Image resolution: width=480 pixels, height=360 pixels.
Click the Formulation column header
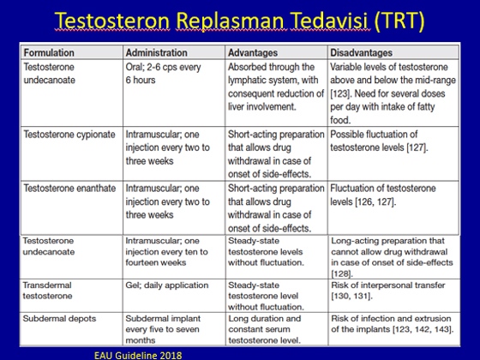(x=49, y=52)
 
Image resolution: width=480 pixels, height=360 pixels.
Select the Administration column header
(x=156, y=52)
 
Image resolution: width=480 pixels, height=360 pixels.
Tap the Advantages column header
(x=253, y=52)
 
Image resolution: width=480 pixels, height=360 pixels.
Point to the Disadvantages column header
(x=361, y=52)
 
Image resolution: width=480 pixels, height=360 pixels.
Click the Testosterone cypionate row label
(x=69, y=135)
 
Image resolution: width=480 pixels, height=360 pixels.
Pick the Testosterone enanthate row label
(x=69, y=188)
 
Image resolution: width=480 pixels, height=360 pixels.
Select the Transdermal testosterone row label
(x=47, y=291)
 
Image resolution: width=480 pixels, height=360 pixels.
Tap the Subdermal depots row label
(x=59, y=318)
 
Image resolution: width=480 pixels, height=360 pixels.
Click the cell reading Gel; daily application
(x=167, y=285)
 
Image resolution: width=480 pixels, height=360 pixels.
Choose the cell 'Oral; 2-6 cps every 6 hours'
(x=163, y=74)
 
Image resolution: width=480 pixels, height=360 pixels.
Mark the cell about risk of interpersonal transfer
(x=387, y=291)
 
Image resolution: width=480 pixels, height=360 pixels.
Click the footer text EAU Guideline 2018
(x=138, y=356)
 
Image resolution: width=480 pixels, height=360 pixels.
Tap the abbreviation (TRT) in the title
(x=399, y=21)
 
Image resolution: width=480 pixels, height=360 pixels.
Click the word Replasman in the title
(x=231, y=21)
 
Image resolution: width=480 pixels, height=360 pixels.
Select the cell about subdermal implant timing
(x=163, y=329)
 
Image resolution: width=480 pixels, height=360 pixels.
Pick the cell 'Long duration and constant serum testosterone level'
(x=265, y=329)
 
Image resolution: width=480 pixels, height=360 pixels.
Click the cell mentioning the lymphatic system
(x=276, y=87)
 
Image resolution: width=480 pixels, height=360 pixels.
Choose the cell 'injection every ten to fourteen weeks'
(x=166, y=252)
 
